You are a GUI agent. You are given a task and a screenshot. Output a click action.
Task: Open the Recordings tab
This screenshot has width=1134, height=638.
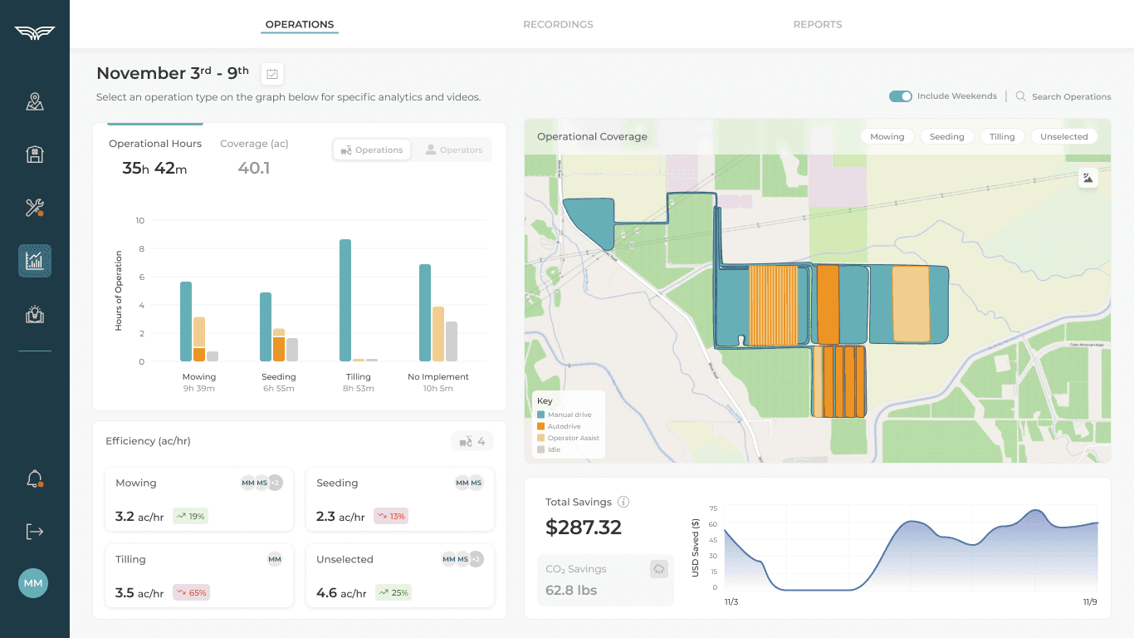(558, 24)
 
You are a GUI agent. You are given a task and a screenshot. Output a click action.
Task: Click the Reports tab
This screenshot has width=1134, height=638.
(817, 24)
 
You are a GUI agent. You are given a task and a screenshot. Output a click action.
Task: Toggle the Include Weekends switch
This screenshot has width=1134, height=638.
(900, 96)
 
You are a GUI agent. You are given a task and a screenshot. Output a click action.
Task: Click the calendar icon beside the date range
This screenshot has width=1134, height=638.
(272, 74)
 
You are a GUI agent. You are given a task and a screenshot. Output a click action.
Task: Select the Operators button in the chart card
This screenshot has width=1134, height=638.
(453, 150)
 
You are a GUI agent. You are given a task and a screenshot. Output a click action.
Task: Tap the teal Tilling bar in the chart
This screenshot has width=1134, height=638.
(345, 300)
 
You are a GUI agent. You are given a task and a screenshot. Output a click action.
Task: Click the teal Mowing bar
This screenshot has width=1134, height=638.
(186, 321)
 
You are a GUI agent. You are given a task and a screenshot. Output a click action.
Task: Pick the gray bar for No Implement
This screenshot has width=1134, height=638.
(452, 341)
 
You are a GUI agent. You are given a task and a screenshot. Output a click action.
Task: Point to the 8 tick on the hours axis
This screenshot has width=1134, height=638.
(140, 248)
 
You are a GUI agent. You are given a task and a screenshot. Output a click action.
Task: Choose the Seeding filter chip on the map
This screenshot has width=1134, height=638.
(946, 136)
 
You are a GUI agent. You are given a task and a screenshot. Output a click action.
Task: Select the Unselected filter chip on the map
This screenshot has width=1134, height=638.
(1063, 136)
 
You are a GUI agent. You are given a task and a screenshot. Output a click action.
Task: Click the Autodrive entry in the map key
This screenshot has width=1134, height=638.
(564, 426)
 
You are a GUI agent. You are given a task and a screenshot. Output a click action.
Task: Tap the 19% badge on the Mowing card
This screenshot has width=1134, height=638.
(190, 516)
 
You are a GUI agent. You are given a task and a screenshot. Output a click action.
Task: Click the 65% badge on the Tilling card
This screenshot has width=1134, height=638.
(191, 592)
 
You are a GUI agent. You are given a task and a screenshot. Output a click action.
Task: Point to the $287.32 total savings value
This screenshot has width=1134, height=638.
(583, 528)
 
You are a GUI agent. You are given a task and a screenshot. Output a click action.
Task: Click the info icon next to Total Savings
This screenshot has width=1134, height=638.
(623, 502)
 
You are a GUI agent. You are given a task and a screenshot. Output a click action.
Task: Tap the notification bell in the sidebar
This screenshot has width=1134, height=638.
(34, 479)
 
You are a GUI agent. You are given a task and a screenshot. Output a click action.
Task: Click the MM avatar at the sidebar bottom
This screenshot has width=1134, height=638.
(33, 583)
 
